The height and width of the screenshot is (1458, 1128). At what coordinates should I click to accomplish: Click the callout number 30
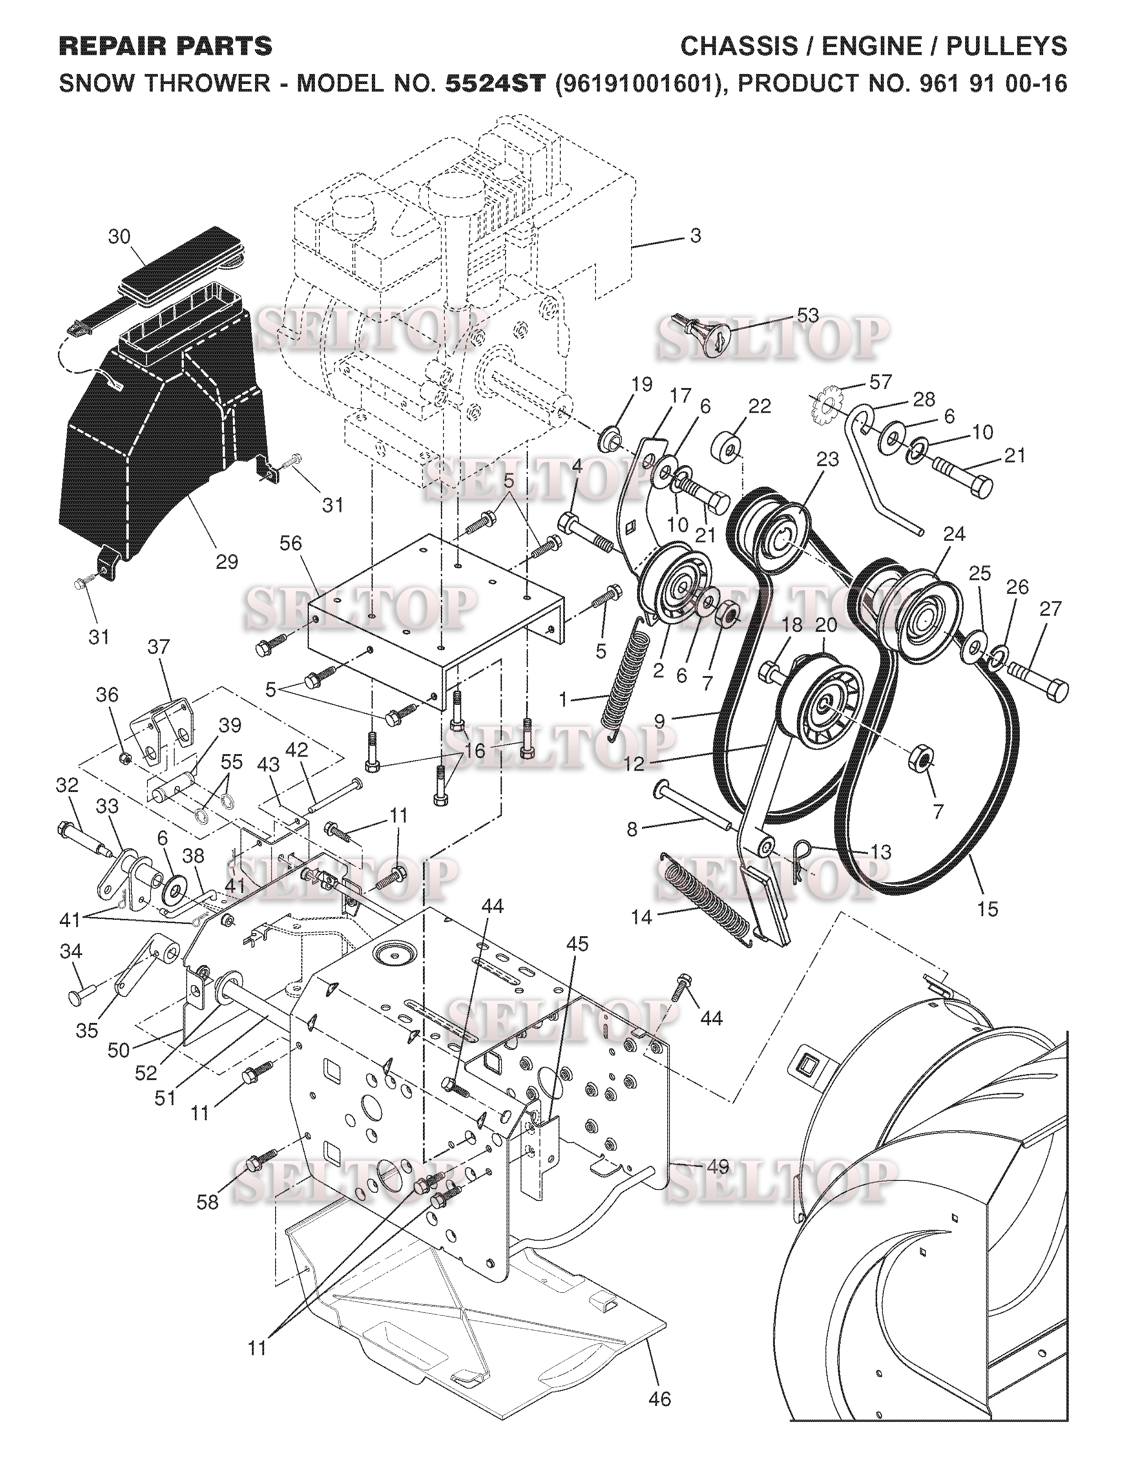tap(120, 237)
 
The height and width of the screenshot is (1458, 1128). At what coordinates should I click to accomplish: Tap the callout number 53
tap(808, 316)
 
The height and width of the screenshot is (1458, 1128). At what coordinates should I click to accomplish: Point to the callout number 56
tap(291, 543)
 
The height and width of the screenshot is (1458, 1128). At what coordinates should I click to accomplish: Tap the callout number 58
tap(208, 1201)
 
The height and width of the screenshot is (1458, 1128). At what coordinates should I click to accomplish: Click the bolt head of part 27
tap(1054, 691)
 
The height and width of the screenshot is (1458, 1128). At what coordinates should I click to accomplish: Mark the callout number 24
tap(955, 534)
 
